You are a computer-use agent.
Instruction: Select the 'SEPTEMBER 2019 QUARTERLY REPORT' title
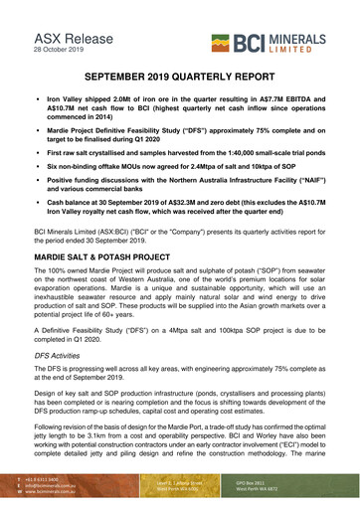pos(180,77)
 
